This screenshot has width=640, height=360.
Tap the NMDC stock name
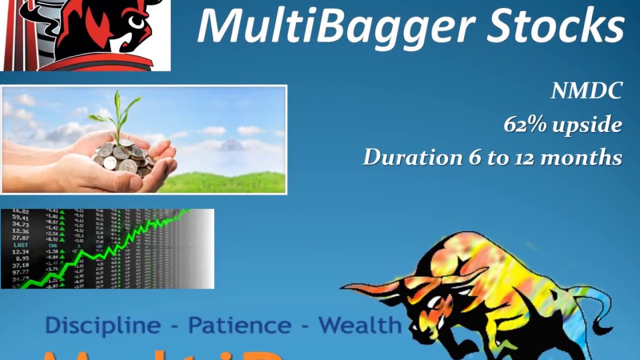click(x=586, y=91)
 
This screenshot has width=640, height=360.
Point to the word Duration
click(x=412, y=157)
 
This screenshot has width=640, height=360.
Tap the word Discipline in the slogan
click(x=102, y=325)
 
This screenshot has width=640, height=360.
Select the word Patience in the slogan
click(x=239, y=325)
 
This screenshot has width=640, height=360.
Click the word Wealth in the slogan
click(x=360, y=325)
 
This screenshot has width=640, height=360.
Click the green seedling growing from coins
click(x=117, y=112)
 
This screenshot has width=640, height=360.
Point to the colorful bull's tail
click(x=600, y=310)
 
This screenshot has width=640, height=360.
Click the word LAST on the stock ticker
click(x=20, y=245)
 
